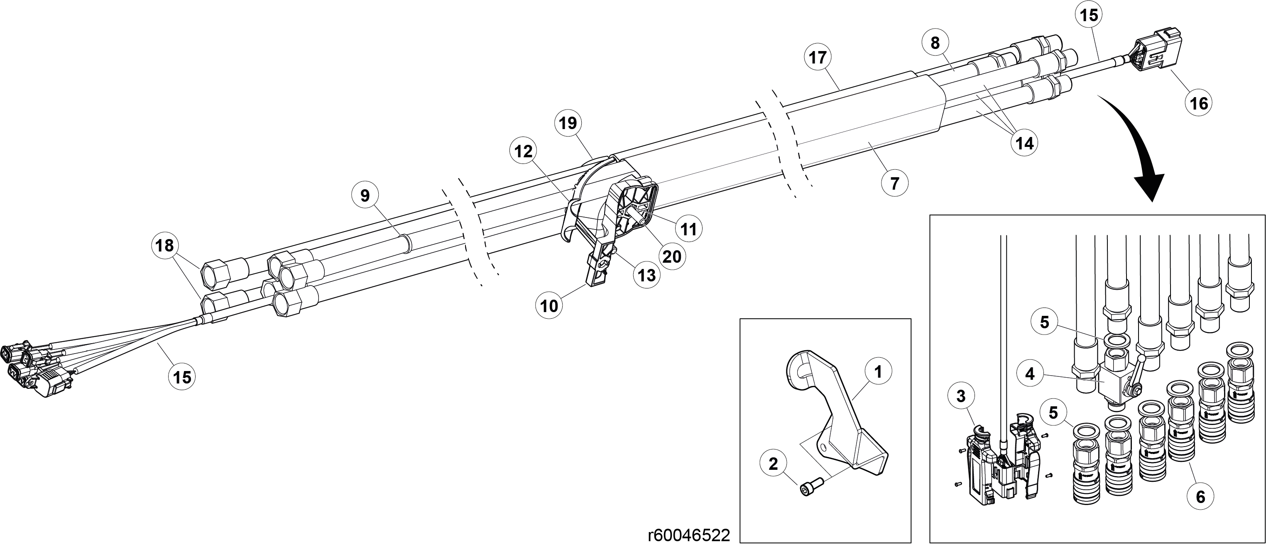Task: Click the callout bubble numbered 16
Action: (1199, 103)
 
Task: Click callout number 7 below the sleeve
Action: (894, 183)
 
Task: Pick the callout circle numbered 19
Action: (568, 123)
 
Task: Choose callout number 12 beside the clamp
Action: (524, 152)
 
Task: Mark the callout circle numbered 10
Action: (549, 306)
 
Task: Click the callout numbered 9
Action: (365, 196)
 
